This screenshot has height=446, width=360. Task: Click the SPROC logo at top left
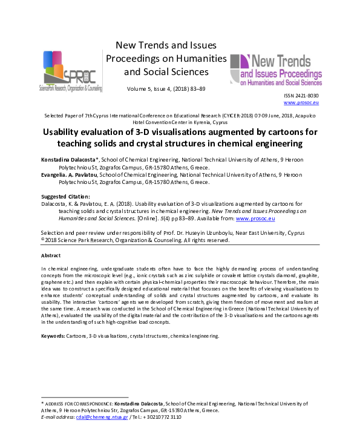pos(70,71)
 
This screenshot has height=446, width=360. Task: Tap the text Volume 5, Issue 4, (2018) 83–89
pos(166,89)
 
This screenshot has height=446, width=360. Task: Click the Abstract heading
pos(50,256)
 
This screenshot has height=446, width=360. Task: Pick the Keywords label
pos(54,336)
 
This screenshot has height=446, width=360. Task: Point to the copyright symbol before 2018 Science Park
pos(43,240)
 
